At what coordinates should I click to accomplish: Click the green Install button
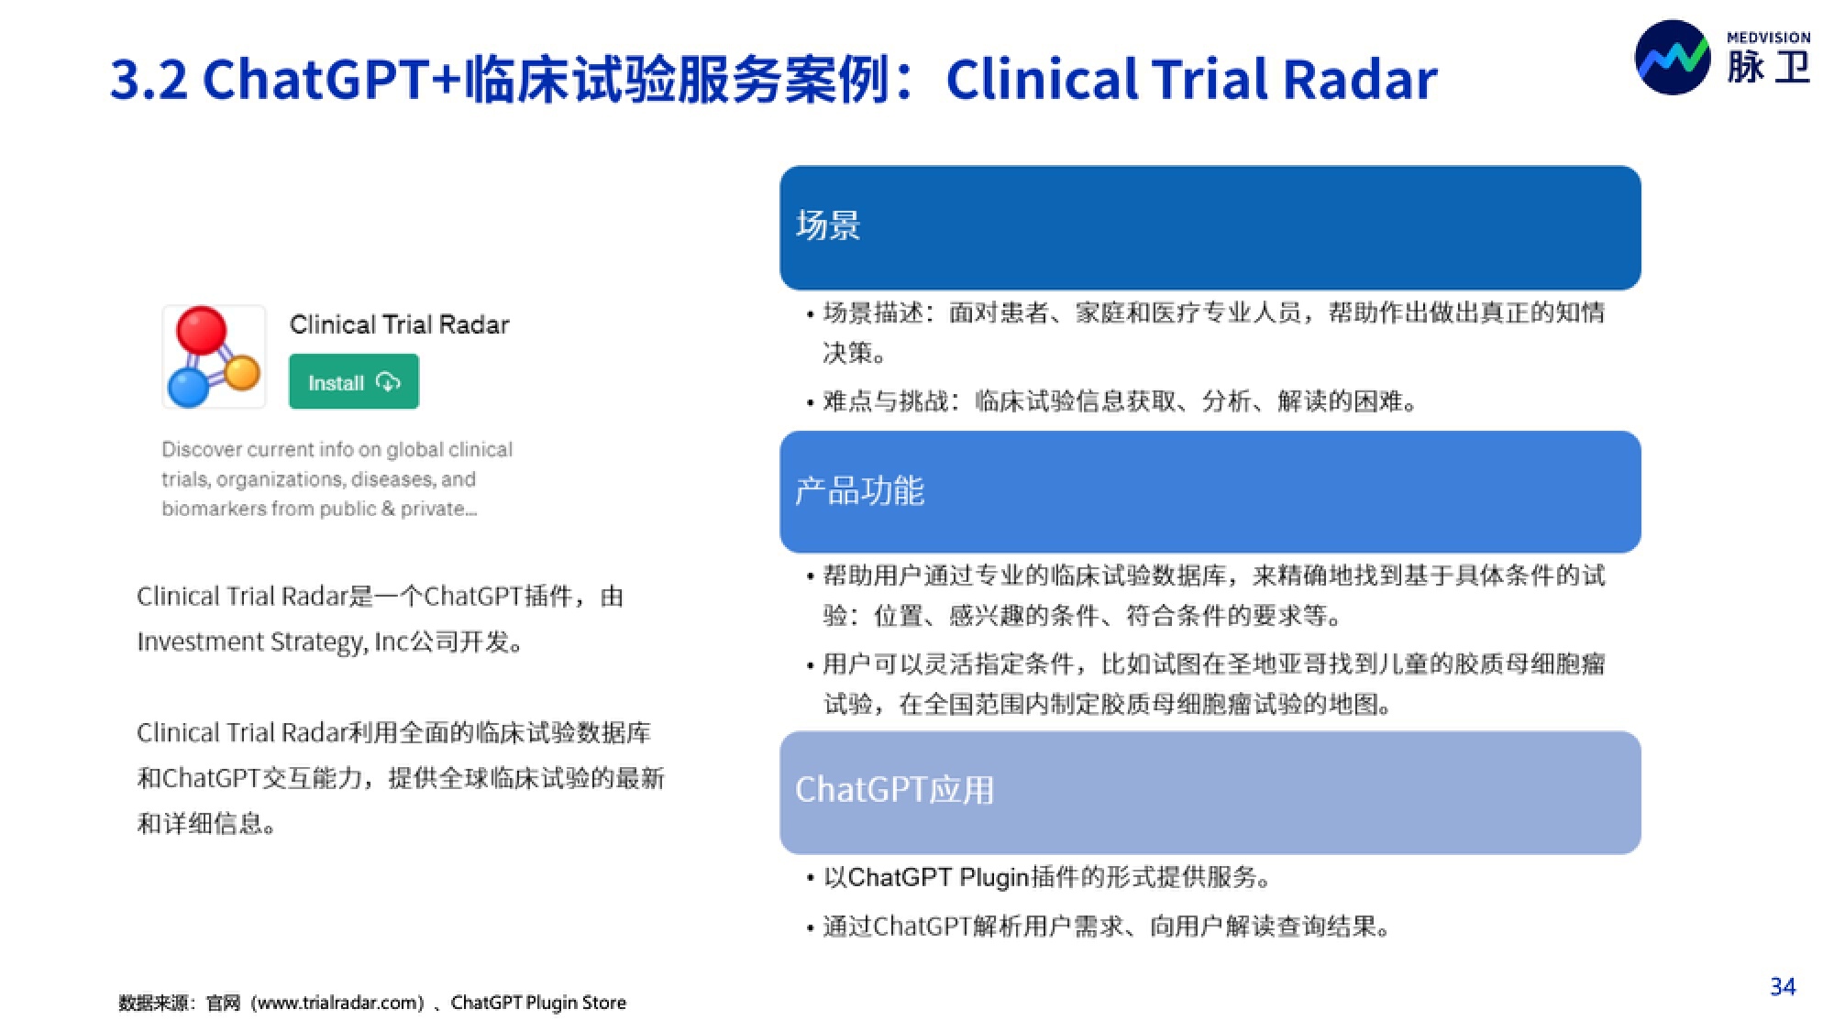tap(354, 381)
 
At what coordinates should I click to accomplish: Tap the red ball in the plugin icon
tap(201, 331)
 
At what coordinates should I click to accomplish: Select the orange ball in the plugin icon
tap(242, 372)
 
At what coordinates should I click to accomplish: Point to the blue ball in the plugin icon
tap(189, 388)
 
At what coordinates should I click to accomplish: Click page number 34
tap(1783, 987)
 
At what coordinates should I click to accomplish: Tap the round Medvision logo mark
tap(1673, 57)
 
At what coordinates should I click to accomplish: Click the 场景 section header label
tap(828, 225)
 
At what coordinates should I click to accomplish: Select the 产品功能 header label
tap(859, 491)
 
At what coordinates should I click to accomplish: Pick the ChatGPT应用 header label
tap(894, 789)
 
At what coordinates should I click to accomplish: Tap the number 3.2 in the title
tap(149, 80)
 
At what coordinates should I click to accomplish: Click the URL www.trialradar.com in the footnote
tap(337, 1003)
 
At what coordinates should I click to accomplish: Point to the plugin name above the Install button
tap(399, 324)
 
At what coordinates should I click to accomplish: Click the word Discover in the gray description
tap(202, 449)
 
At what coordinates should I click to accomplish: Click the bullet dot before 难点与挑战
tap(810, 403)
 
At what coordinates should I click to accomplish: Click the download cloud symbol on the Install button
tap(388, 381)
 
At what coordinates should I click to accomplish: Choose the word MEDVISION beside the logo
tap(1768, 38)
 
